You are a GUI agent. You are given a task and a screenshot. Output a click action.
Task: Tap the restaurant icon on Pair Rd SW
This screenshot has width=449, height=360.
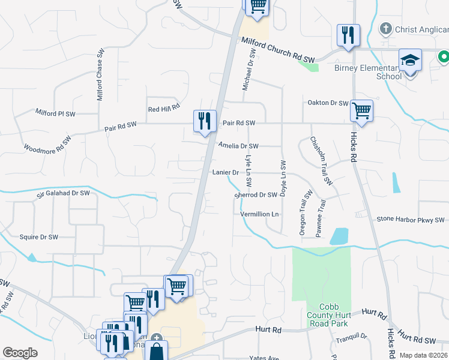(x=205, y=121)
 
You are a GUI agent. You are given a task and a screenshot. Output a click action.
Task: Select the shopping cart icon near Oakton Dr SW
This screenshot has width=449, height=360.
(x=361, y=110)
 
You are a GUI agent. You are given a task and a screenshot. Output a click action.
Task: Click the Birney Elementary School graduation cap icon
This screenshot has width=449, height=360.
(x=411, y=61)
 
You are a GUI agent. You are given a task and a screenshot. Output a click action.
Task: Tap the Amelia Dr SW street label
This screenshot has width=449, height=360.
(x=238, y=146)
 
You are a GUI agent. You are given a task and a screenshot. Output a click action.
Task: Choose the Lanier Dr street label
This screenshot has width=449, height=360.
(x=226, y=172)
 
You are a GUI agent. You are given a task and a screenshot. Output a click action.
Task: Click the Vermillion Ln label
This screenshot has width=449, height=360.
(x=260, y=214)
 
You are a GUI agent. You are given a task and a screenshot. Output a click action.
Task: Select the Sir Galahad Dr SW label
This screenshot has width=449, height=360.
(x=63, y=193)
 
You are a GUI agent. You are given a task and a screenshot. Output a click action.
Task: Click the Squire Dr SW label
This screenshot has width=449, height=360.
(x=39, y=237)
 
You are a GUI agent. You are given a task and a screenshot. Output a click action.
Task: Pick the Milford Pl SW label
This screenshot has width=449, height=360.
(x=55, y=113)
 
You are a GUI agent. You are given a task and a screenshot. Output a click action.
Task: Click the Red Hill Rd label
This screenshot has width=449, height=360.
(x=164, y=108)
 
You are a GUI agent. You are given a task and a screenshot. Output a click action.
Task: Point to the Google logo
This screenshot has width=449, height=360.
(x=20, y=353)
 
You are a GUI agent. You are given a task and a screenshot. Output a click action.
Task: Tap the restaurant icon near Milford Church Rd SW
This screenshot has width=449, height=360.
(x=348, y=35)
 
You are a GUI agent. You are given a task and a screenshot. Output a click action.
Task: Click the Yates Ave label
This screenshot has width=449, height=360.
(x=265, y=358)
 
